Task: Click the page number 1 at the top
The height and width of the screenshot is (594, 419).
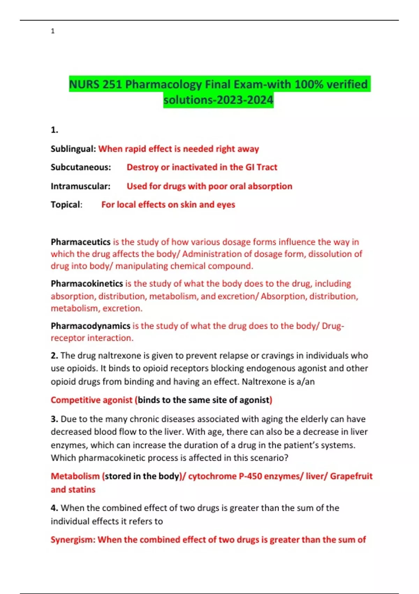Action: [x=53, y=31]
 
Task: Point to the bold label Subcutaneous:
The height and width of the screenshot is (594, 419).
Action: [x=81, y=167]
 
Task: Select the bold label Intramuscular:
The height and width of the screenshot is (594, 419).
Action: [x=80, y=186]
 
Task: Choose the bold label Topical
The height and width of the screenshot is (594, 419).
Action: [x=66, y=204]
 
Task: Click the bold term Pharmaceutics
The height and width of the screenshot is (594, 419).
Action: [x=80, y=242]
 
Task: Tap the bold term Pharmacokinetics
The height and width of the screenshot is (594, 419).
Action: [x=87, y=283]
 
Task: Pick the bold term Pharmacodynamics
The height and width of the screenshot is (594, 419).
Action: [x=90, y=326]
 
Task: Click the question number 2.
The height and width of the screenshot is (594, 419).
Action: [x=54, y=356]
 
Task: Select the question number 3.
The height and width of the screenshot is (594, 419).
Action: [x=54, y=419]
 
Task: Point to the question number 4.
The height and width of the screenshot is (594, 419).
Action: [x=54, y=508]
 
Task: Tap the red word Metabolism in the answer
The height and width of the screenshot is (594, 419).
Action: [x=75, y=476]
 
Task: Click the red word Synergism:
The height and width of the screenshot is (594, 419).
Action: [x=73, y=540]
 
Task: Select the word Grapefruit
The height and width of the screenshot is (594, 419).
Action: [x=351, y=476]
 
